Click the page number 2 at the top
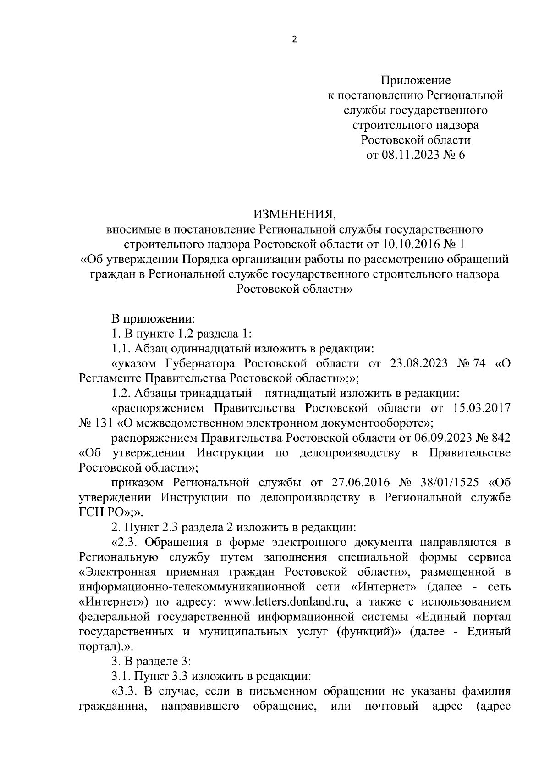[x=294, y=40]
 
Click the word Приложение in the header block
[x=416, y=81]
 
